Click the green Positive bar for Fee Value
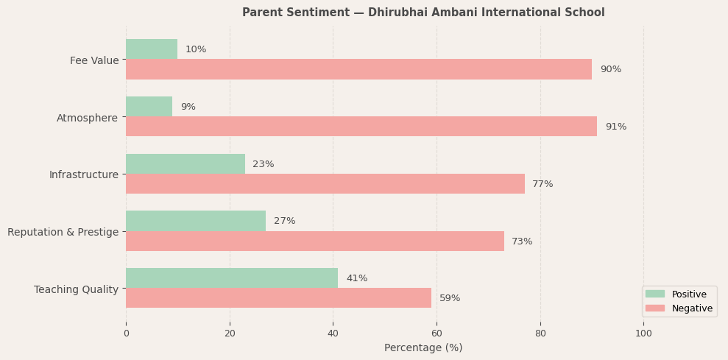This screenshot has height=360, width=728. (x=152, y=49)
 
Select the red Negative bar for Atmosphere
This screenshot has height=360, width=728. (x=361, y=127)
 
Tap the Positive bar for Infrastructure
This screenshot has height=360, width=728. (x=185, y=164)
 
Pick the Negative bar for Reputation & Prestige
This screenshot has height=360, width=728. (x=315, y=241)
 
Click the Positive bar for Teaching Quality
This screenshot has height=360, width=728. (x=232, y=278)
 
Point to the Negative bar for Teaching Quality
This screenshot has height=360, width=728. (x=278, y=298)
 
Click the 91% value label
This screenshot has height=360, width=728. (x=615, y=127)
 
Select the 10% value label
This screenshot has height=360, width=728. (x=196, y=49)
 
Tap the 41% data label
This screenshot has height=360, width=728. (x=356, y=278)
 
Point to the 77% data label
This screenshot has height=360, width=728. (x=543, y=184)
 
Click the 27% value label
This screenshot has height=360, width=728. (x=284, y=221)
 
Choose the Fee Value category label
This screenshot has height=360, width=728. (x=94, y=60)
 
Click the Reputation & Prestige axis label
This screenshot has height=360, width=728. (x=63, y=232)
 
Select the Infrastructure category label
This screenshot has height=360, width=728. (x=83, y=174)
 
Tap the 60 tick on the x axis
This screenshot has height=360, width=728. (x=437, y=333)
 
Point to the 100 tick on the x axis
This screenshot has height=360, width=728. (x=643, y=333)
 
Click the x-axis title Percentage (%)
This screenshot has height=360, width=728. (x=423, y=347)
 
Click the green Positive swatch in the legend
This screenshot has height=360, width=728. (x=654, y=294)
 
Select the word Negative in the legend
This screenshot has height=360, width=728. (x=692, y=308)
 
